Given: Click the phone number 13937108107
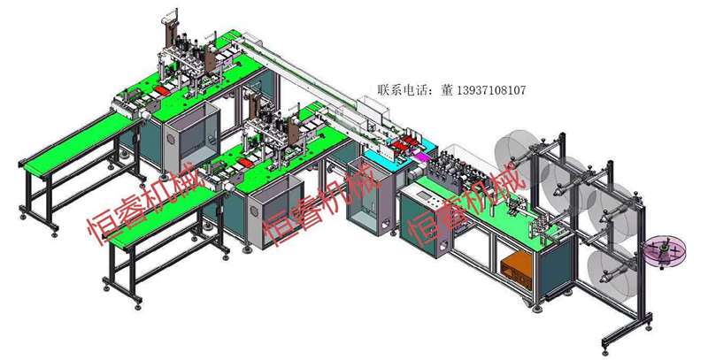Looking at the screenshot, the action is click(492, 90).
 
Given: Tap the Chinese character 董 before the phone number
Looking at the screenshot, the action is click(447, 90).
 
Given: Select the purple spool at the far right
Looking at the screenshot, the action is click(665, 251).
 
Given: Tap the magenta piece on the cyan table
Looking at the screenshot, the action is click(418, 157).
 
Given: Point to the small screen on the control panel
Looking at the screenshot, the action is click(425, 195).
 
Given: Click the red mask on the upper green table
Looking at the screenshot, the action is click(162, 90).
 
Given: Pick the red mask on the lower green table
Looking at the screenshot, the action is click(247, 162).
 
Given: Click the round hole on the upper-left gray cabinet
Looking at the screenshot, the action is click(171, 139).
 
